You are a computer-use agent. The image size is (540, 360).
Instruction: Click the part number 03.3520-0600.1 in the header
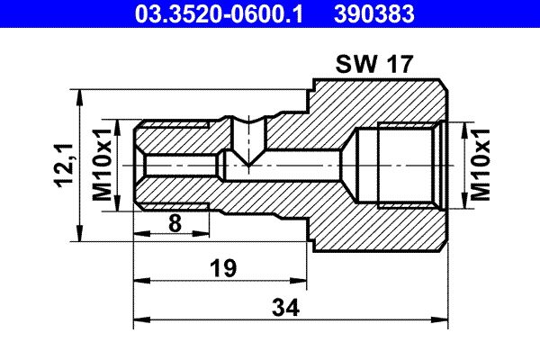pos(219,14)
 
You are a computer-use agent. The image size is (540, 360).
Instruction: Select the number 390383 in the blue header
pos(374,14)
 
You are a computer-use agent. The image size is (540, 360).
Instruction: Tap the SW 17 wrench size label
pos(374,64)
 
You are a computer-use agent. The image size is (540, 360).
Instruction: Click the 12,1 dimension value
pos(64,165)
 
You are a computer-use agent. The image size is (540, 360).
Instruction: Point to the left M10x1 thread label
pos(103,165)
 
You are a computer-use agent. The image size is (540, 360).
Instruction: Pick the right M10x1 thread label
pos(480,165)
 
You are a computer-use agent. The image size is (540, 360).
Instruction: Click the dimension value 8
pos(175,223)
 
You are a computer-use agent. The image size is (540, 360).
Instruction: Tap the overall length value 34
pos(285,307)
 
